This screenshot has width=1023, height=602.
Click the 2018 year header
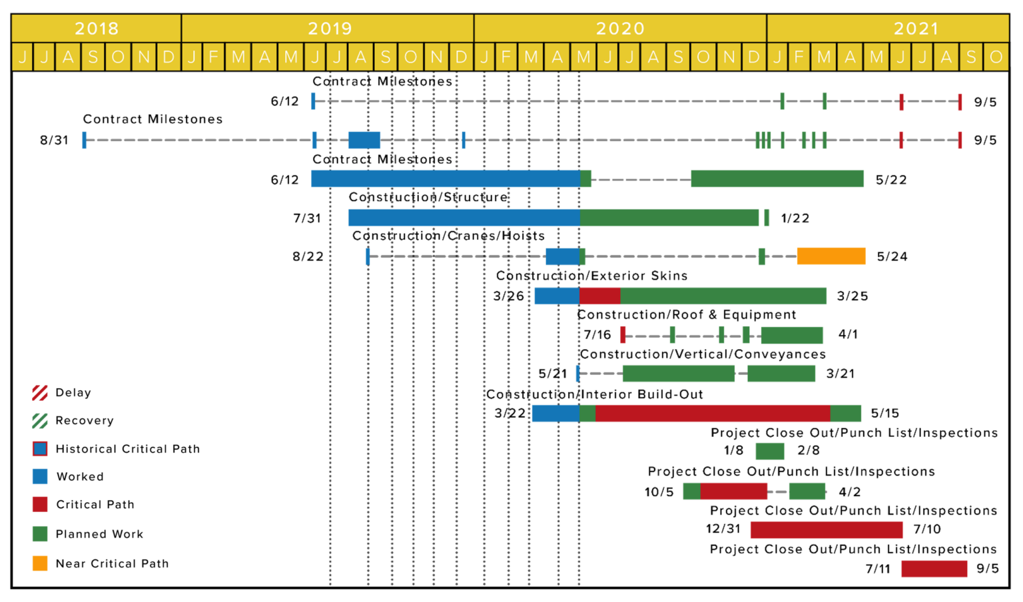coord(97,29)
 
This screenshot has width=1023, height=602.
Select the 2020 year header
coord(620,29)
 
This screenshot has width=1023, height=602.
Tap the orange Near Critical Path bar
coord(831,256)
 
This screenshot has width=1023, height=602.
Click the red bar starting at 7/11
coord(934,569)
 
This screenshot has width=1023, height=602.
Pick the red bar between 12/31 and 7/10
coord(827,530)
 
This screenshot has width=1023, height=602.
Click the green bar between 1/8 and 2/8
coord(770,451)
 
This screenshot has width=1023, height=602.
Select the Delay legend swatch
coord(40,393)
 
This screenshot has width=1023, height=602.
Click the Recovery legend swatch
coord(40,421)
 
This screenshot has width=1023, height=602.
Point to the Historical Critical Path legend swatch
coord(40,449)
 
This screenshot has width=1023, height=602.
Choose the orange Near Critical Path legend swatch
coord(40,563)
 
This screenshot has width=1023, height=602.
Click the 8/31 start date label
coord(54,140)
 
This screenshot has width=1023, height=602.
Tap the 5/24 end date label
coord(892,256)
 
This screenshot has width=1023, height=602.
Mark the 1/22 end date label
coord(795,218)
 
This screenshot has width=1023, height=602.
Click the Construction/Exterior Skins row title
coord(592,276)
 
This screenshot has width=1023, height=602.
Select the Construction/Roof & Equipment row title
coord(687,314)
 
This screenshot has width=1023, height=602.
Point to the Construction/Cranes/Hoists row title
coord(448,236)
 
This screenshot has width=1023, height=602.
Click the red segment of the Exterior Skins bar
coord(600,296)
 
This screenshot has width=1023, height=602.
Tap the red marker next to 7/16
coord(623,335)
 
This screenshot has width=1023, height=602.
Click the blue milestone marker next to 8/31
coord(84,140)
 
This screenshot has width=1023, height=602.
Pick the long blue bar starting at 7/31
coord(464,218)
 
